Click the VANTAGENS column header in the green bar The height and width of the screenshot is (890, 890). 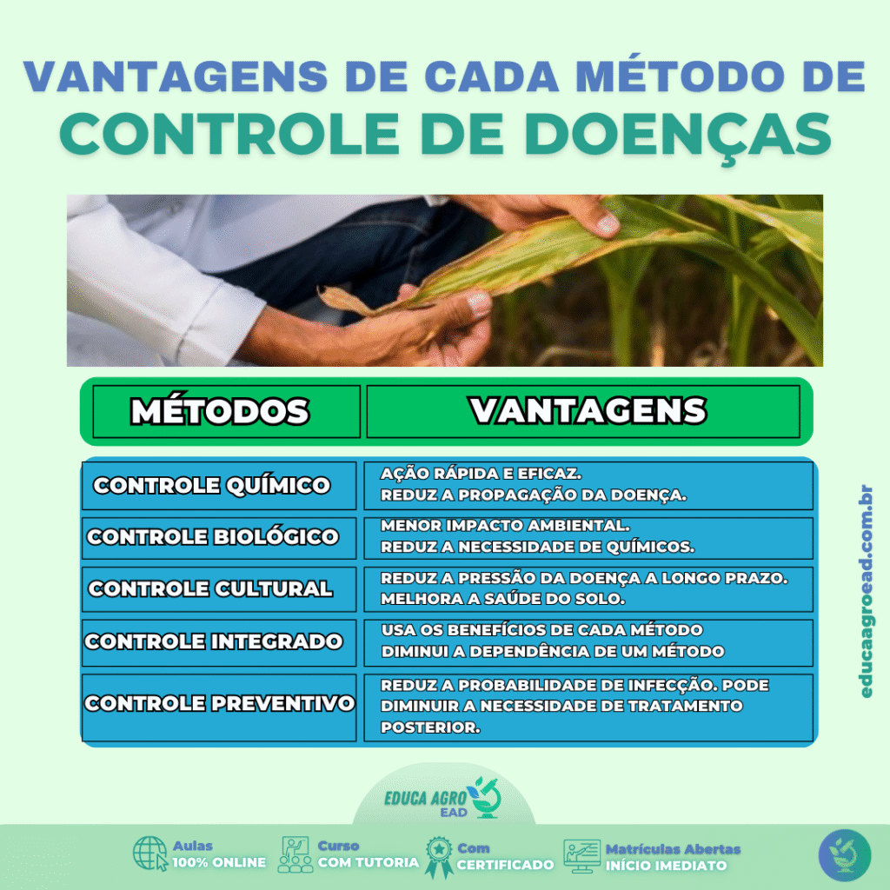click(x=588, y=410)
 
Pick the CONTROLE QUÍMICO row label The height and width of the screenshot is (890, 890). click(x=212, y=486)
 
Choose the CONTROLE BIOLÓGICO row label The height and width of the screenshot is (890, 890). click(x=213, y=537)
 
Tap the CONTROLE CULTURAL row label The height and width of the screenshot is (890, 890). click(x=210, y=589)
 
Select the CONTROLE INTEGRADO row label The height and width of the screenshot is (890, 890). click(x=213, y=642)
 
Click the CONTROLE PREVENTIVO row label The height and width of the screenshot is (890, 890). click(x=219, y=703)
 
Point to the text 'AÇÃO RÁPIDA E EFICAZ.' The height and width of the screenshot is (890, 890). click(x=481, y=475)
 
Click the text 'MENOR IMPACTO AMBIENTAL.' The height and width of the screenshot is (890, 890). click(x=505, y=526)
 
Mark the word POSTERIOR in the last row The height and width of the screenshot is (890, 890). click(x=430, y=727)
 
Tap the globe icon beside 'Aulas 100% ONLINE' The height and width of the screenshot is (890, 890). click(x=150, y=853)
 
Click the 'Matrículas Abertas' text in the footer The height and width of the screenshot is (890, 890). click(x=673, y=849)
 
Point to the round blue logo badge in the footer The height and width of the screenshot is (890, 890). click(x=844, y=854)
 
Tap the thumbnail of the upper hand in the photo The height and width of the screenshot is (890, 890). click(x=607, y=225)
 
